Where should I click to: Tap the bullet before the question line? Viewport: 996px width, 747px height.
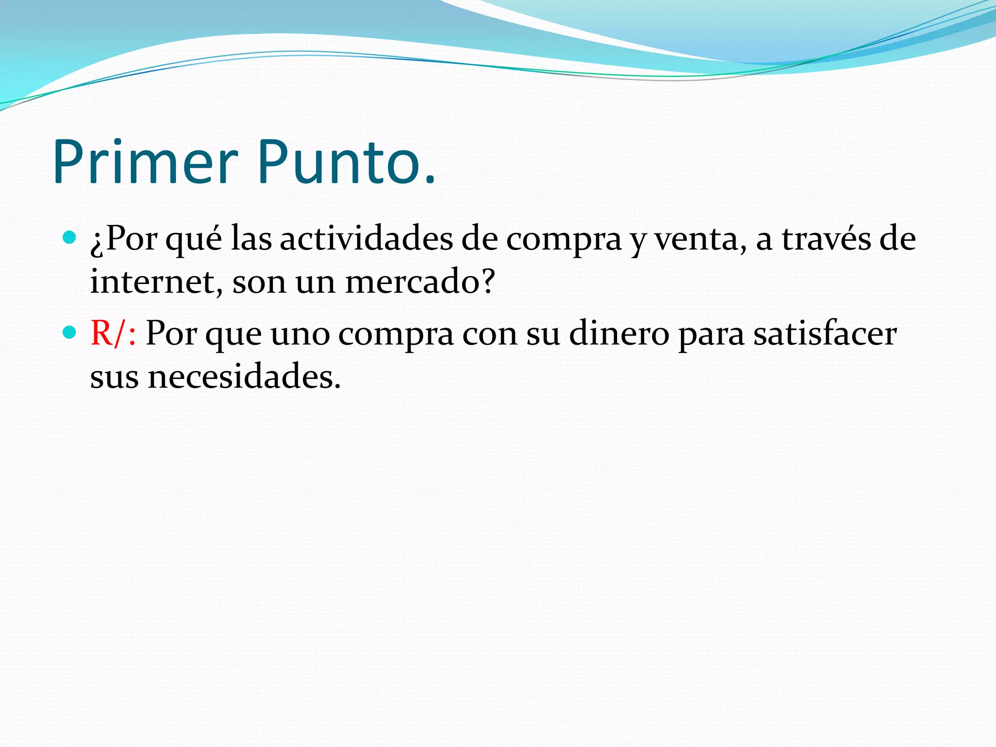click(x=70, y=238)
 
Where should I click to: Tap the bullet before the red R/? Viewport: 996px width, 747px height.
click(x=70, y=333)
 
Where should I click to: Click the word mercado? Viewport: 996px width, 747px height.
click(x=413, y=282)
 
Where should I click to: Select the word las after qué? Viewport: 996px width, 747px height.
click(x=251, y=239)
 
